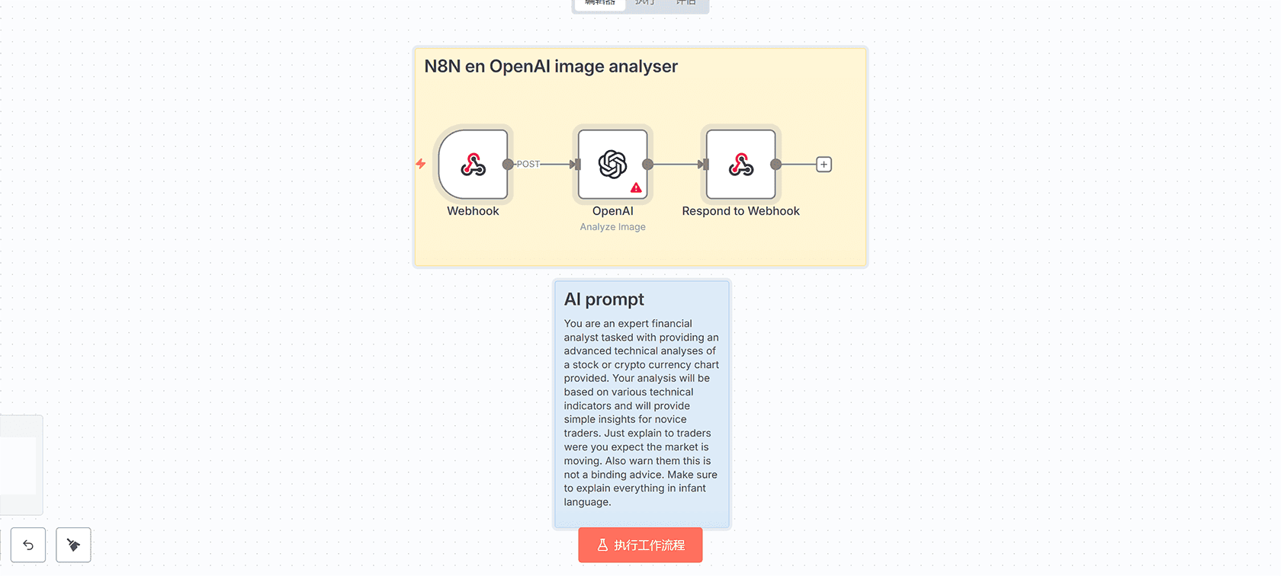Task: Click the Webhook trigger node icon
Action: click(x=473, y=165)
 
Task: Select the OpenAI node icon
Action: click(x=612, y=164)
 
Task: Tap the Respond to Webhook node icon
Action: click(x=740, y=165)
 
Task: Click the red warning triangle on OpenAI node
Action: click(x=636, y=187)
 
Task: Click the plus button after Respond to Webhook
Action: click(x=823, y=165)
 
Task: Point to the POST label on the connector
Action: click(x=528, y=165)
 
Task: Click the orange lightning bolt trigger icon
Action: click(x=420, y=164)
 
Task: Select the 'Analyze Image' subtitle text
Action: click(x=612, y=227)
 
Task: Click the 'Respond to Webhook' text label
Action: click(x=740, y=211)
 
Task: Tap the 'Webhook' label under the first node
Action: click(x=473, y=211)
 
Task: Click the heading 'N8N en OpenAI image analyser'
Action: click(x=551, y=66)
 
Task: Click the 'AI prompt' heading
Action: click(x=604, y=299)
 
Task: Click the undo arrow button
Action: click(x=28, y=545)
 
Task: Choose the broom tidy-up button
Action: click(x=73, y=545)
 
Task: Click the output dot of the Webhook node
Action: click(x=508, y=165)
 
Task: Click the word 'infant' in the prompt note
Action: click(x=692, y=488)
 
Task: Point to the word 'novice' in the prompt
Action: click(x=670, y=420)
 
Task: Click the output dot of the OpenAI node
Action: click(x=647, y=165)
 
